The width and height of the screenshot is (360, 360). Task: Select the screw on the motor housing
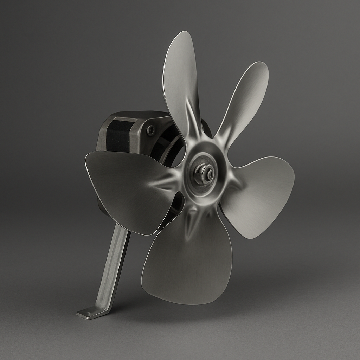pos(151,131)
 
